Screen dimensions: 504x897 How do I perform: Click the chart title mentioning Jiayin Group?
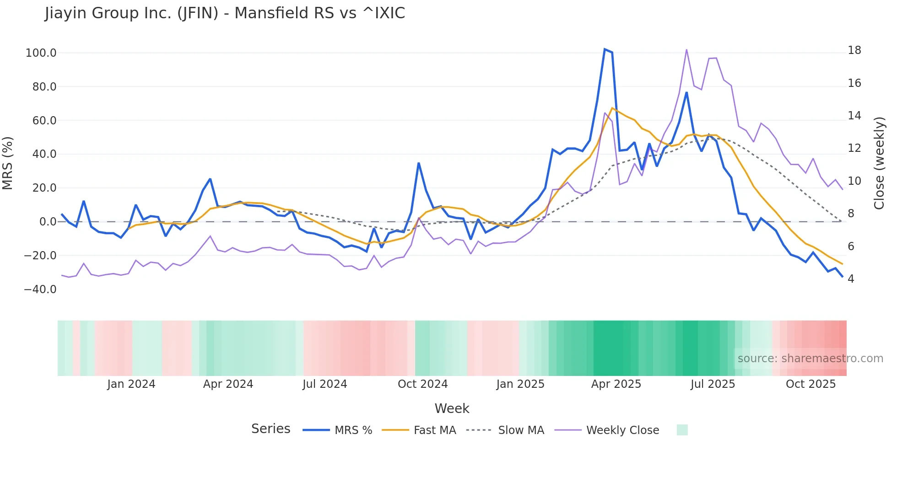[225, 13]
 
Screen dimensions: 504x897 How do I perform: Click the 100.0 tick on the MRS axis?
[41, 53]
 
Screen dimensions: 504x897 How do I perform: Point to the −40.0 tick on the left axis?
[40, 290]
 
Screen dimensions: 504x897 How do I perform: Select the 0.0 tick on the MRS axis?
[48, 222]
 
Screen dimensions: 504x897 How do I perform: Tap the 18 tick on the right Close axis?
[854, 50]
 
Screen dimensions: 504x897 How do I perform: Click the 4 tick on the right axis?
[851, 279]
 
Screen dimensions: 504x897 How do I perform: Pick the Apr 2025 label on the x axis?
[616, 384]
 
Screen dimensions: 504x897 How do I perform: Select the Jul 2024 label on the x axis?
[324, 384]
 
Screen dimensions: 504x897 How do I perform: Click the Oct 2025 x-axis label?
[811, 384]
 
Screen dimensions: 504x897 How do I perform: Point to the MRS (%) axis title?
[8, 163]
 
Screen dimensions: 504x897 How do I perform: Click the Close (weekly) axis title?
[879, 163]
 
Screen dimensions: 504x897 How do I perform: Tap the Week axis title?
[452, 408]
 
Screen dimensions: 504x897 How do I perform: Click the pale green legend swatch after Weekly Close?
[682, 430]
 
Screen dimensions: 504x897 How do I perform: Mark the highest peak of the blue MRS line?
[605, 49]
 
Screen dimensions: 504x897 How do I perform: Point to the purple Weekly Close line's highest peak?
[686, 49]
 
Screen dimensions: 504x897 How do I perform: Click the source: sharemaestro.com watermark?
[810, 359]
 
